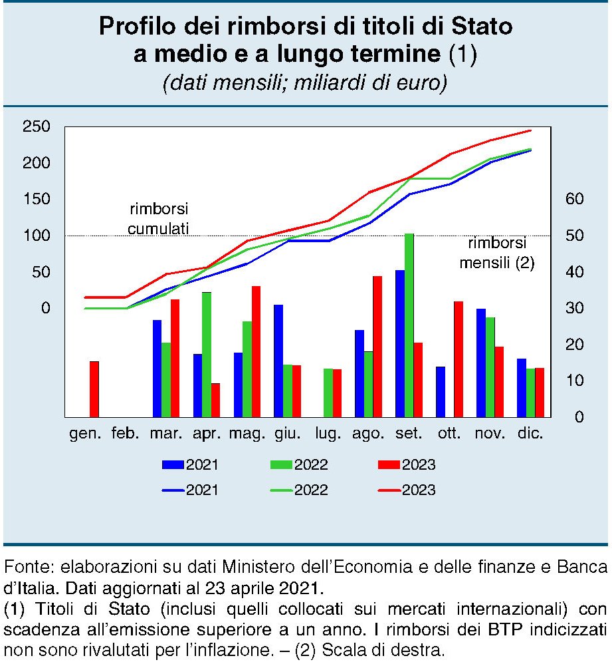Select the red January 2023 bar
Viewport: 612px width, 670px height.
coord(94,389)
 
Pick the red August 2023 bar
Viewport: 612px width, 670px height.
coord(377,346)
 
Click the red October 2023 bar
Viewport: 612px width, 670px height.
coord(459,359)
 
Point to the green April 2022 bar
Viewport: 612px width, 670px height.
coord(207,354)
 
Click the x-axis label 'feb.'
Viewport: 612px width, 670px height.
coord(126,434)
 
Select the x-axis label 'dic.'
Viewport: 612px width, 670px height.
coord(530,434)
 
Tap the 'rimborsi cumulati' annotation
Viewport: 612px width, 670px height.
coord(159,218)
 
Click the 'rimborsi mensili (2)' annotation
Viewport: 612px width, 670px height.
coord(497,253)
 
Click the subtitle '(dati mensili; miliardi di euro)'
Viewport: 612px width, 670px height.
coord(305,83)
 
